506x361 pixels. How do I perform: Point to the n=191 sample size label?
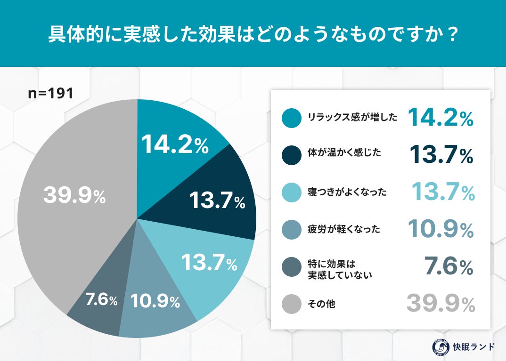[51, 93]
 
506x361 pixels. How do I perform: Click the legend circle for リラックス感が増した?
[291, 118]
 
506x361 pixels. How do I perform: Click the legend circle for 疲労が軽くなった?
[291, 230]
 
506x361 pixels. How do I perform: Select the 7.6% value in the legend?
[448, 267]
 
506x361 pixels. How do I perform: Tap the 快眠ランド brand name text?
[473, 346]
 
